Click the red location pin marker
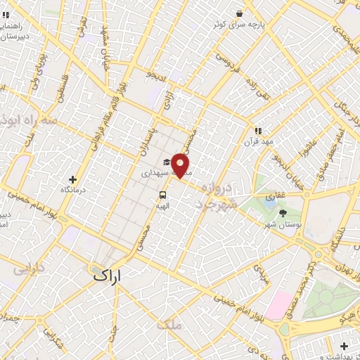click(181, 165)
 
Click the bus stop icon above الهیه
click(162, 195)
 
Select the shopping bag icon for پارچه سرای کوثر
click(240, 13)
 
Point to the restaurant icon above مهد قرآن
click(257, 130)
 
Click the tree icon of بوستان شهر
click(283, 212)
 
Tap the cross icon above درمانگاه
click(73, 179)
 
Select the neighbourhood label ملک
click(170, 325)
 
